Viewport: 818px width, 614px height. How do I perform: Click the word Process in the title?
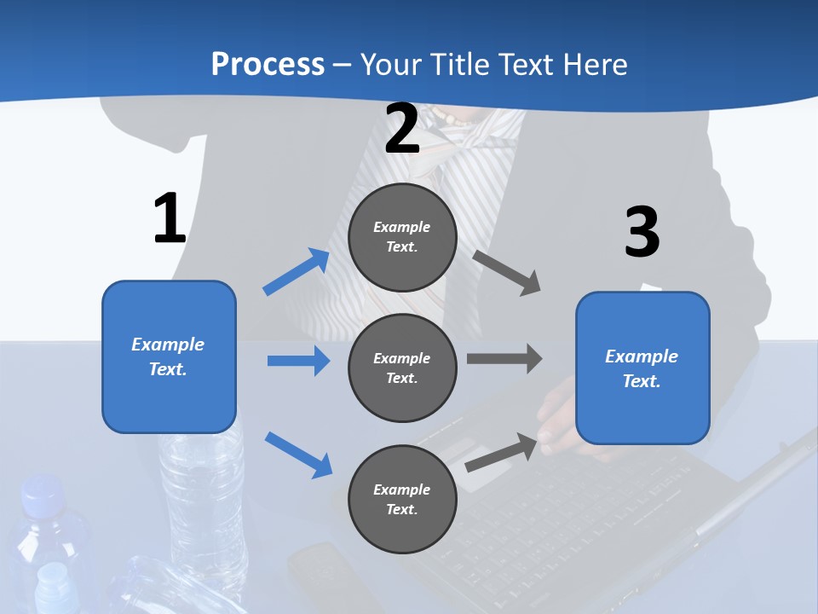[x=268, y=64]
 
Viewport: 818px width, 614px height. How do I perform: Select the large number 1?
[x=170, y=219]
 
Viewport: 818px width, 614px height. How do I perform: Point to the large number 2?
[x=402, y=130]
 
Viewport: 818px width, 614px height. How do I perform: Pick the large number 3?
[x=642, y=233]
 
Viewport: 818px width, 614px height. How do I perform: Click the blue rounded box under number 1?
[x=169, y=356]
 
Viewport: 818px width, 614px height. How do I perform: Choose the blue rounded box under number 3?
[x=642, y=368]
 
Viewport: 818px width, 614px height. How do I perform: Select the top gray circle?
[x=402, y=237]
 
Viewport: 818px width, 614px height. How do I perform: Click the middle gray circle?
[x=402, y=368]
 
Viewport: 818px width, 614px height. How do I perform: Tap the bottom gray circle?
[x=402, y=499]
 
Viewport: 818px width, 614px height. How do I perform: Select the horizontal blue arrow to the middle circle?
[x=298, y=361]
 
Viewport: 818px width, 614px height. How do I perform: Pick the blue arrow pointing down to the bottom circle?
[x=298, y=454]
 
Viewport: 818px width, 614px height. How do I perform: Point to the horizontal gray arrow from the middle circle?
[x=504, y=359]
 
